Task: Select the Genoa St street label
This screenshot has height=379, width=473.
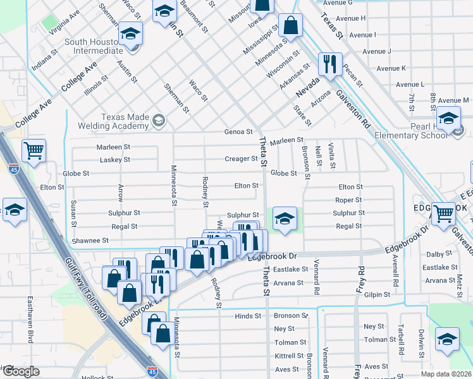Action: (x=238, y=132)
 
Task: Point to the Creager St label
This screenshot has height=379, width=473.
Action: (x=241, y=159)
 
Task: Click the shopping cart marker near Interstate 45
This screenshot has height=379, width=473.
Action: (x=34, y=151)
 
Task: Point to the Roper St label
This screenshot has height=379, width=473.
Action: (x=349, y=200)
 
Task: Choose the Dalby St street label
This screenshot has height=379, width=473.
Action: (x=453, y=254)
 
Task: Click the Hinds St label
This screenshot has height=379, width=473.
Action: (x=248, y=316)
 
